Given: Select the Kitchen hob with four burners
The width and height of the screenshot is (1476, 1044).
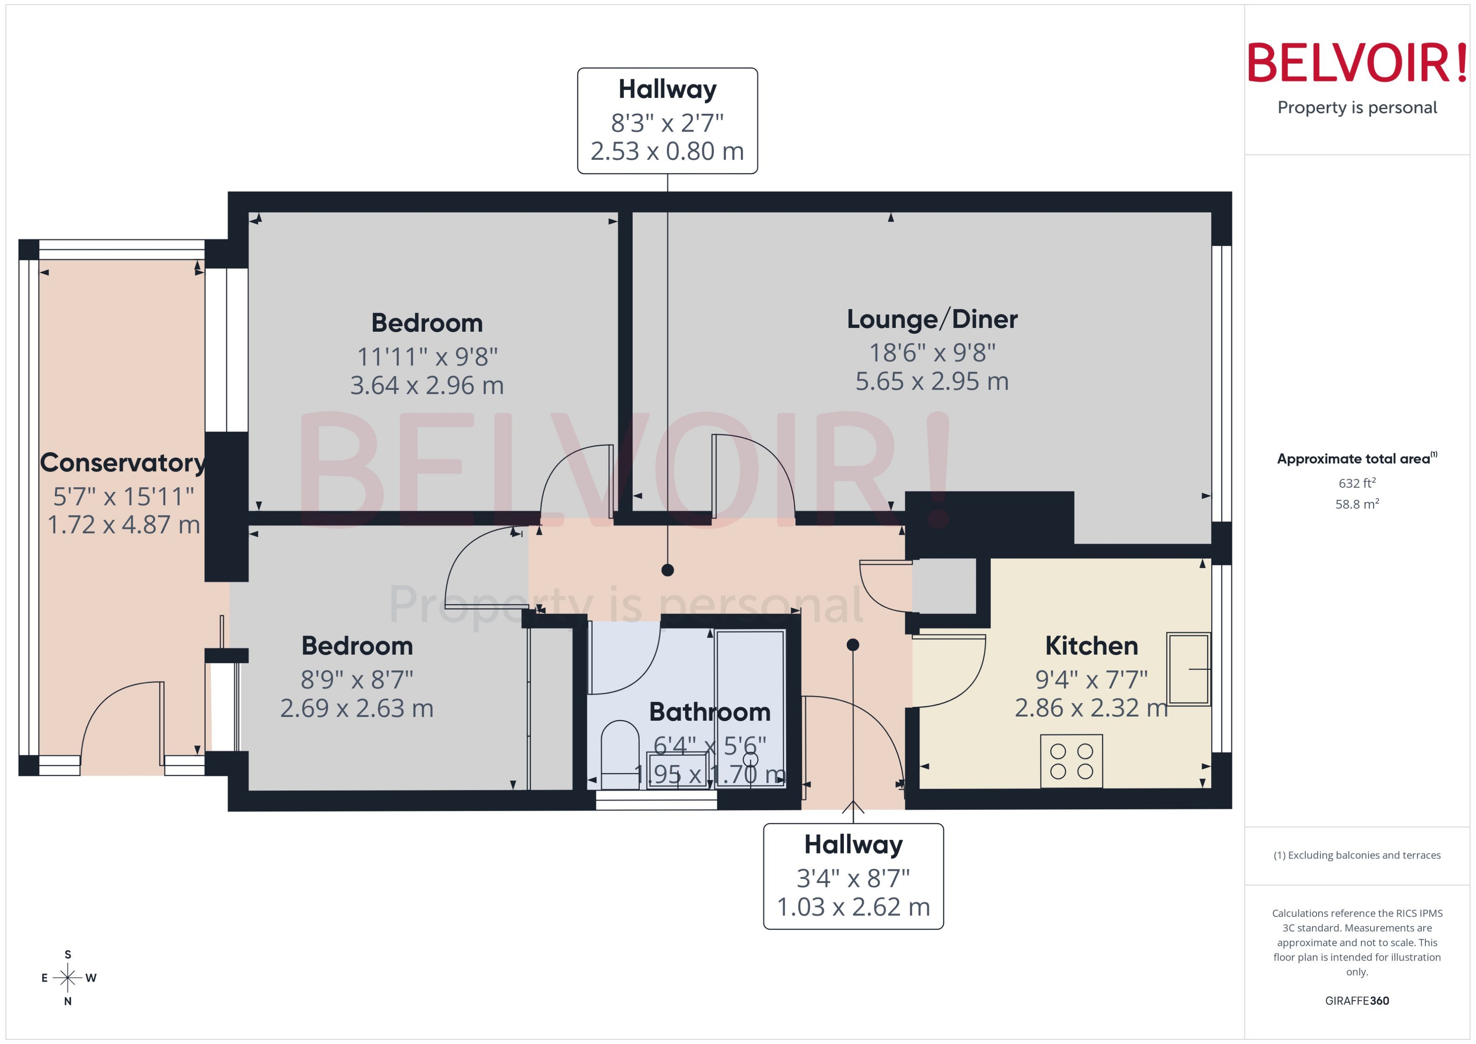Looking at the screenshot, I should tap(1071, 761).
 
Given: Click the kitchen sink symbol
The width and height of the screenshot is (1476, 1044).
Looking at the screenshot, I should tap(1188, 668).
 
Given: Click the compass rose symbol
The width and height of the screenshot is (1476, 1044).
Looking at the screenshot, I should tap(67, 978).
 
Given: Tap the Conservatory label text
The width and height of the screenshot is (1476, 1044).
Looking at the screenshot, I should tap(122, 463).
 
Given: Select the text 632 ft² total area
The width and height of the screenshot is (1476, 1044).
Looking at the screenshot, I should tap(1356, 483).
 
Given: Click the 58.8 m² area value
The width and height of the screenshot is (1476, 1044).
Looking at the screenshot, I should tap(1356, 504).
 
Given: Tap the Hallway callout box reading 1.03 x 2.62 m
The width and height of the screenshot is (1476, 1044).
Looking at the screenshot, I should tap(853, 875).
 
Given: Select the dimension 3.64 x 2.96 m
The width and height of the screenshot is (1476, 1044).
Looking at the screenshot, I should tap(426, 386).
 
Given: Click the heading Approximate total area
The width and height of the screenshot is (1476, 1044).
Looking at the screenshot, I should tap(1354, 459).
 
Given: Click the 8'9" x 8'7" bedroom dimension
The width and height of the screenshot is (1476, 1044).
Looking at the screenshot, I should tap(356, 679).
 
